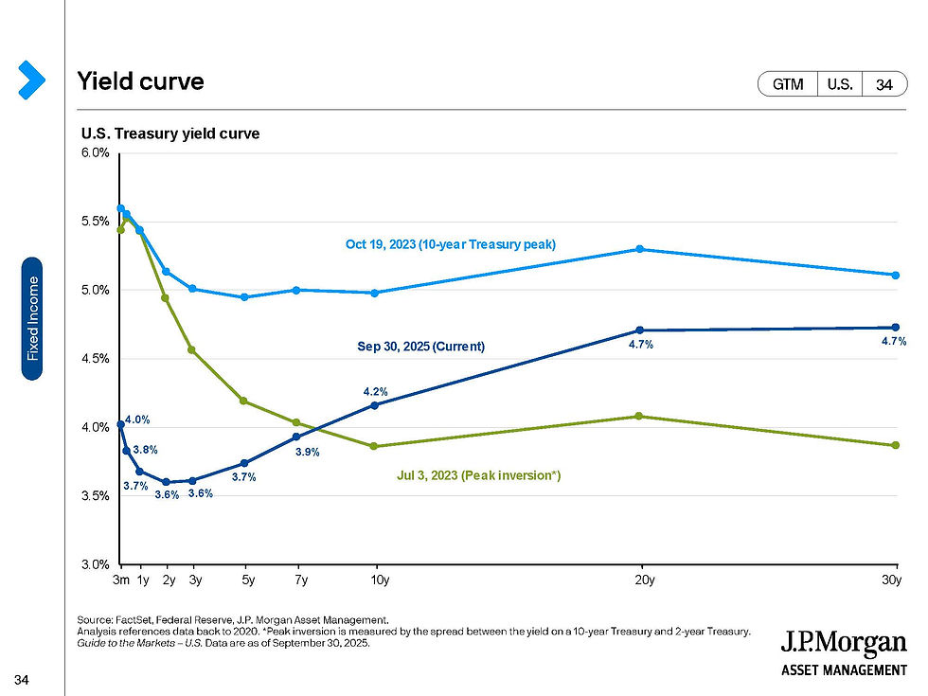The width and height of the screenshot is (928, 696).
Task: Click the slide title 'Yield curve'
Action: click(141, 82)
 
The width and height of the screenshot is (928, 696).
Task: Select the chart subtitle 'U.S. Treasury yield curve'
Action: click(170, 134)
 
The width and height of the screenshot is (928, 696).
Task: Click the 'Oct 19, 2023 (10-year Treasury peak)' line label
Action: click(450, 244)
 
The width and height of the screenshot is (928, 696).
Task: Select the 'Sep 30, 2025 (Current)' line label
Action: click(420, 347)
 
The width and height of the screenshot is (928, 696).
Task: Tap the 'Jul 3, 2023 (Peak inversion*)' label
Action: click(478, 475)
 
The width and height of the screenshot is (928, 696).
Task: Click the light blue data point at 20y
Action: click(640, 249)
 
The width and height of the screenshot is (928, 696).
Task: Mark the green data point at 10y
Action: click(375, 446)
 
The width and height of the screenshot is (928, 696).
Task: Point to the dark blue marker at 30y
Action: click(895, 328)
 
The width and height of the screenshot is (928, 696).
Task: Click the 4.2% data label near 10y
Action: click(376, 391)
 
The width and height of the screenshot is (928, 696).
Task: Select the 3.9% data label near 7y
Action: click(307, 453)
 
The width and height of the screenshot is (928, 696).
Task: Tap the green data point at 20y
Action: click(640, 416)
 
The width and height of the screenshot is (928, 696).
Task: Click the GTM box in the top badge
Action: click(788, 84)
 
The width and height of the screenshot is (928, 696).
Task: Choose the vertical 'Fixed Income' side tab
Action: click(32, 318)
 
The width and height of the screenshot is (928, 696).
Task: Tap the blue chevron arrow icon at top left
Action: click(30, 80)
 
